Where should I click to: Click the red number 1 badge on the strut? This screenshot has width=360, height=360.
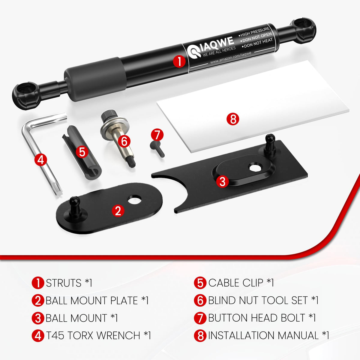[x=179, y=61]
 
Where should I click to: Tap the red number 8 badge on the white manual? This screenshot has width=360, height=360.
[x=233, y=119]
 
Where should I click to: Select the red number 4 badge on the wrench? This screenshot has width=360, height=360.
[x=41, y=160]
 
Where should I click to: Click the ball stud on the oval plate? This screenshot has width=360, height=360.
[x=75, y=206]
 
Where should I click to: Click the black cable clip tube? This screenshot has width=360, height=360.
[x=82, y=153]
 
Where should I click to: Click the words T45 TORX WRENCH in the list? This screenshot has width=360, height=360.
[x=93, y=335]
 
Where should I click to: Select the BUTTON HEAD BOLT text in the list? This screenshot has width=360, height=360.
[x=257, y=318]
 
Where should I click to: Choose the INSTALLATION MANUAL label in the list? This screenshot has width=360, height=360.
[x=263, y=335]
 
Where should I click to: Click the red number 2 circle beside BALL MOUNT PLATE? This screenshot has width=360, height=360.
[x=38, y=300]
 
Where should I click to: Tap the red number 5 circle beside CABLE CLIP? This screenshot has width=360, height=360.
[x=200, y=283]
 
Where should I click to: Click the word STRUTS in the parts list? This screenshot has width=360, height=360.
[x=64, y=283]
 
